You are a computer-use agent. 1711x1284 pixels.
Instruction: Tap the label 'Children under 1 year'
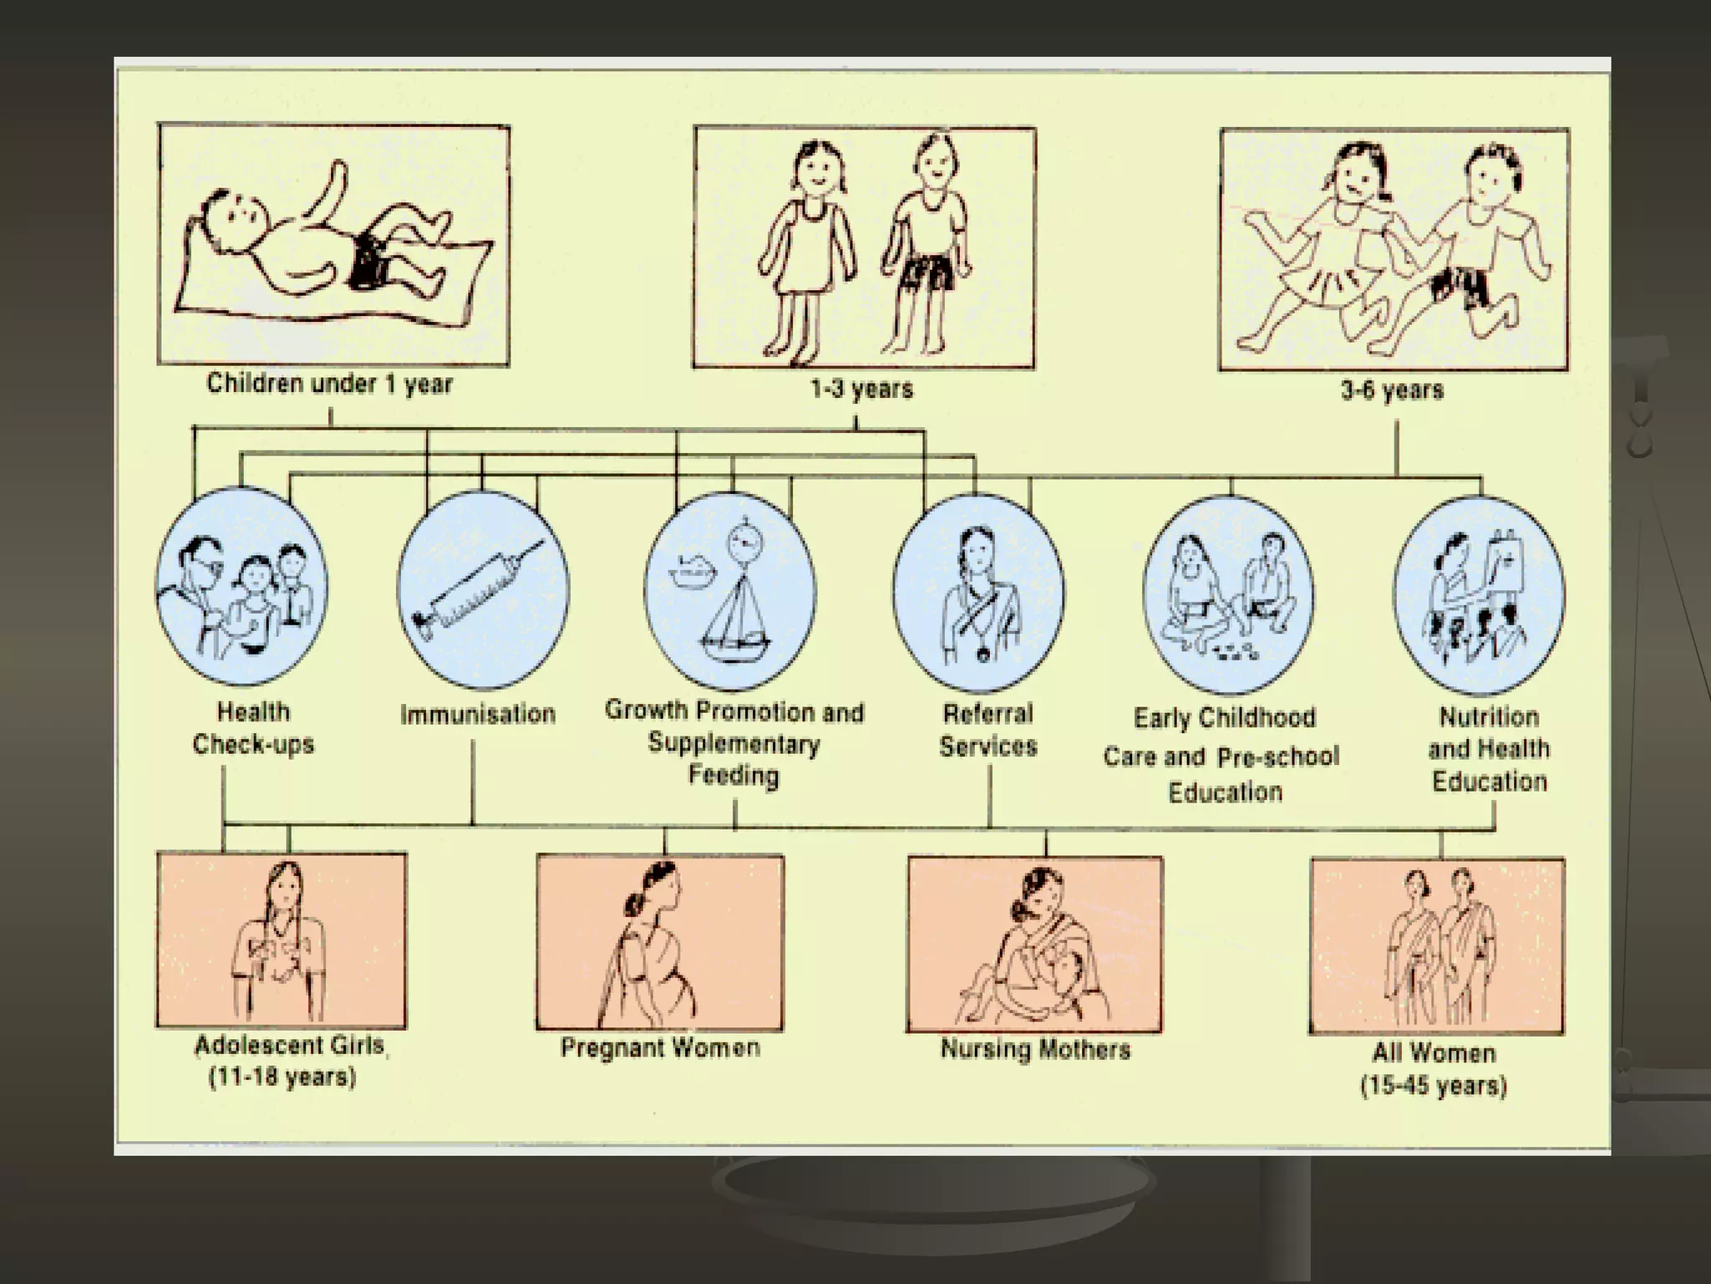point(330,385)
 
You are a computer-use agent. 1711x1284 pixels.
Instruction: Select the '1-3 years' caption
point(862,390)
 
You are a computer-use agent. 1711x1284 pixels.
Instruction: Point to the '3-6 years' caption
point(1393,390)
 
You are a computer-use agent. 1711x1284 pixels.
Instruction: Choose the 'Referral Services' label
point(988,730)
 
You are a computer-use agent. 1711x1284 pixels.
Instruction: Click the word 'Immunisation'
point(478,715)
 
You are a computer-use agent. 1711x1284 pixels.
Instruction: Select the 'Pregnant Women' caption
point(660,1048)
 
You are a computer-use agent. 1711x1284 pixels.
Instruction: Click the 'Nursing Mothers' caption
point(1035,1049)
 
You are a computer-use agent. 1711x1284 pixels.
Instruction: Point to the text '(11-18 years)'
point(282,1078)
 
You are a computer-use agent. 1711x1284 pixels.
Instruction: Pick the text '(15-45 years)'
point(1434,1087)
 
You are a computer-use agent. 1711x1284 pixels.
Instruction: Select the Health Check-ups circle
point(241,588)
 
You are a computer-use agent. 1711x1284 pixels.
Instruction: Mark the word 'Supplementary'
point(734,743)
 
